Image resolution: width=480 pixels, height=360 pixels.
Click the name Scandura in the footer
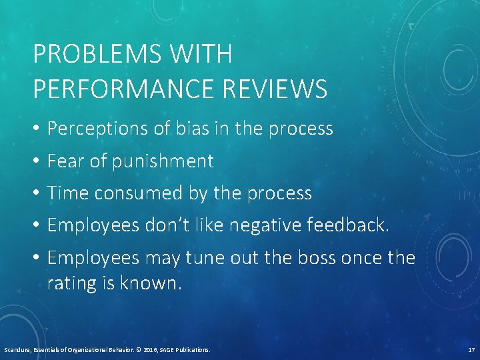16,349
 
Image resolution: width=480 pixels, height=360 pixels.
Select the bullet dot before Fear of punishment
36,161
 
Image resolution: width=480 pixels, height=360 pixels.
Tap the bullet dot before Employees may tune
36,257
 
